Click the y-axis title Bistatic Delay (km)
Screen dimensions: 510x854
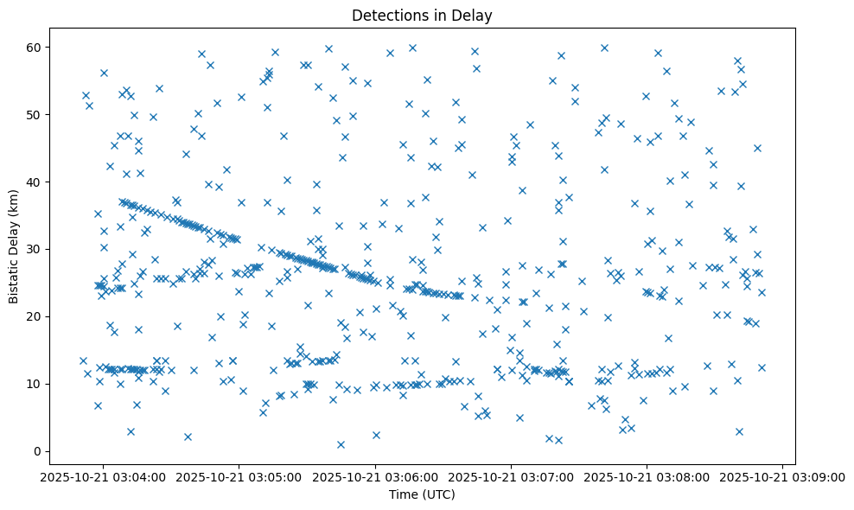pyautogui.click(x=14, y=247)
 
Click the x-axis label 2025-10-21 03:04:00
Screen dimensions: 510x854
pyautogui.click(x=104, y=476)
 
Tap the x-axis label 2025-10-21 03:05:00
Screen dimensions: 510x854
pyautogui.click(x=239, y=476)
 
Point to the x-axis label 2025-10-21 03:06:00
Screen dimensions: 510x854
pyautogui.click(x=376, y=476)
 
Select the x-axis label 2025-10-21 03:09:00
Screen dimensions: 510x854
pyautogui.click(x=783, y=476)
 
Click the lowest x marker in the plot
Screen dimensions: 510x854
pyautogui.click(x=341, y=444)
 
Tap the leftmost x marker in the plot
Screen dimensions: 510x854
pyautogui.click(x=83, y=360)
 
